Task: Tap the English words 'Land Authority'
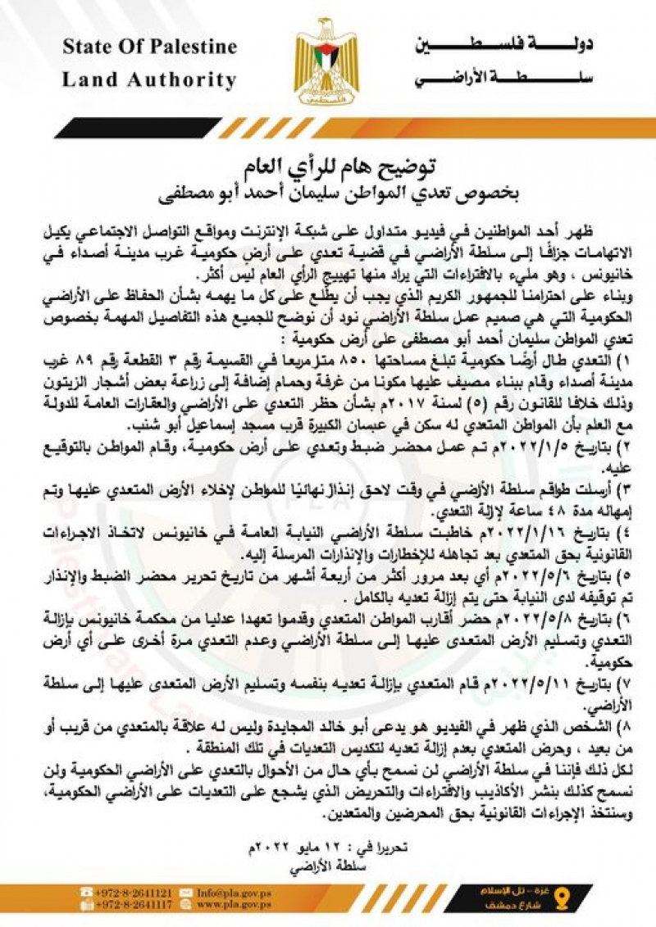pyautogui.click(x=149, y=80)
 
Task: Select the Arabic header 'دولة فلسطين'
pyautogui.click(x=501, y=44)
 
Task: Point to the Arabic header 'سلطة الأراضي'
pyautogui.click(x=501, y=78)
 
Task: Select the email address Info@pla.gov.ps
pyautogui.click(x=230, y=891)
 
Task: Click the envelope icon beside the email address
pyautogui.click(x=184, y=891)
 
